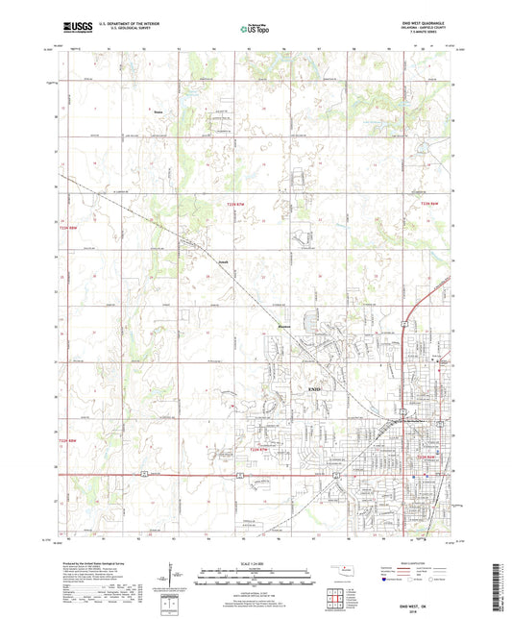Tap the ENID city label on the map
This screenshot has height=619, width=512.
pyautogui.click(x=314, y=387)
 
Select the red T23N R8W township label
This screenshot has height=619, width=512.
pyautogui.click(x=57, y=225)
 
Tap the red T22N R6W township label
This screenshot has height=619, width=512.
pyautogui.click(x=427, y=458)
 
